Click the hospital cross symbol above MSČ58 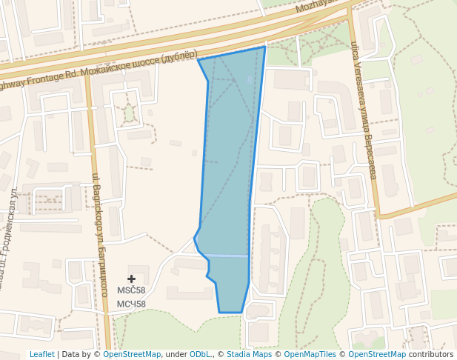coord(132,279)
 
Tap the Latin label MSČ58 coord(131,290)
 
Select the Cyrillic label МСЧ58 coord(131,304)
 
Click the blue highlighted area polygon coord(228,170)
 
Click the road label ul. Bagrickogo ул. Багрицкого coord(99,222)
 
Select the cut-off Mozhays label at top coord(319,6)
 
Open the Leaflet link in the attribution coord(41,354)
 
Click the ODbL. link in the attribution coord(200,354)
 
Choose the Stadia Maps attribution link coord(249,354)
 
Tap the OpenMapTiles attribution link coord(310,354)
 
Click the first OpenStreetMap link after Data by coord(132,354)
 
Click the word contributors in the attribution coord(431,354)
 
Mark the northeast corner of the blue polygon coord(265,47)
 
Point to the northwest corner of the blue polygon coord(198,59)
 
